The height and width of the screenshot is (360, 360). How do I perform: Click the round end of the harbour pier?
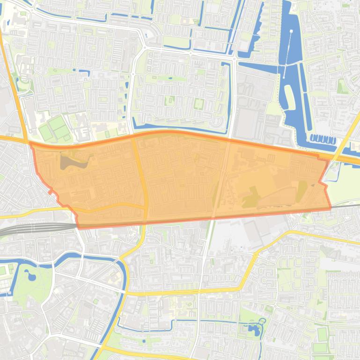pyautogui.click(x=291, y=32)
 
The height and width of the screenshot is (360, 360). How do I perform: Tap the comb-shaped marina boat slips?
pyautogui.click(x=323, y=139)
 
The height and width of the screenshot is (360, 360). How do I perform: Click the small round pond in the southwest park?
pyautogui.click(x=32, y=276)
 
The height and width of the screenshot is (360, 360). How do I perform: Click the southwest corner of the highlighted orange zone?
pyautogui.click(x=79, y=227)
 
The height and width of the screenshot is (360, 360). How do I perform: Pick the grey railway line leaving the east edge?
pyautogui.click(x=349, y=205)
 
